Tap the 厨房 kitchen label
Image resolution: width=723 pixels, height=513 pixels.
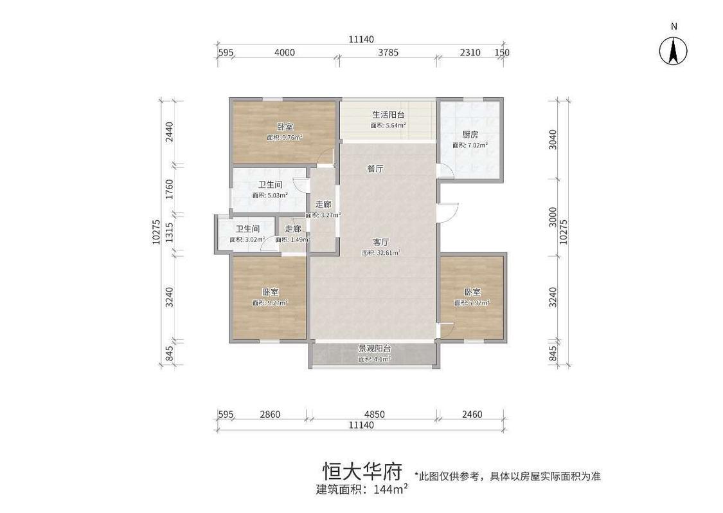(x=470, y=135)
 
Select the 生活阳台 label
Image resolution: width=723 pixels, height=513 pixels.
(x=388, y=115)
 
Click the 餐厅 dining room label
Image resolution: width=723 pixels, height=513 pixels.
(x=375, y=169)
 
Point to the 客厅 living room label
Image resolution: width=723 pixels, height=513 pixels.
(x=381, y=242)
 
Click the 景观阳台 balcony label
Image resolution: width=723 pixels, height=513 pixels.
(x=375, y=348)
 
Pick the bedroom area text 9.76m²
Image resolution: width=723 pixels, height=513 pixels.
(x=285, y=137)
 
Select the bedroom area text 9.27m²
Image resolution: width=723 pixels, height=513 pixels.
(x=270, y=303)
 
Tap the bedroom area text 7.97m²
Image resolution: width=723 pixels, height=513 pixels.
(x=472, y=303)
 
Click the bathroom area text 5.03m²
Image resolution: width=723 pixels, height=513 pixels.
(x=270, y=195)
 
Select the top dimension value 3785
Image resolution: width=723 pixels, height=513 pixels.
(x=388, y=53)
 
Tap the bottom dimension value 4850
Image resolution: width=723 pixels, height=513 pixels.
(x=373, y=415)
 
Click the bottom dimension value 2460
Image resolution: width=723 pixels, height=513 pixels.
(x=472, y=415)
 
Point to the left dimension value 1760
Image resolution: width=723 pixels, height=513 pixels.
(x=170, y=189)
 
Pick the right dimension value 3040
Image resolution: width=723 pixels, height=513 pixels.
(x=554, y=139)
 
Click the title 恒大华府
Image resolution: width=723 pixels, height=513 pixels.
(x=362, y=472)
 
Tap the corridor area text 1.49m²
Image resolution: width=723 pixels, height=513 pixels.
(x=293, y=239)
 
